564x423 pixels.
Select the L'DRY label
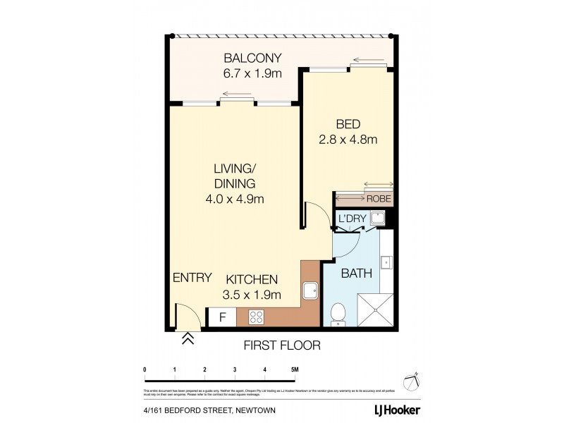point(352,219)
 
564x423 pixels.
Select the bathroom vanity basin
point(386,263)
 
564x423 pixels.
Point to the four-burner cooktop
point(255,317)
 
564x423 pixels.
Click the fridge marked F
point(222,318)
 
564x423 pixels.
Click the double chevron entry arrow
point(188,340)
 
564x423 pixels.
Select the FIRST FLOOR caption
point(282,345)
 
